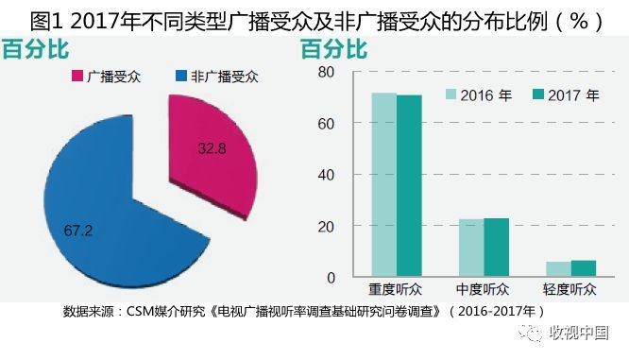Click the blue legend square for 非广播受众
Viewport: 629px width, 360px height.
click(181, 76)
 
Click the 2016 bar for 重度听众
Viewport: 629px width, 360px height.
click(383, 184)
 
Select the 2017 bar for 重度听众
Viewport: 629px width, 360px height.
click(409, 185)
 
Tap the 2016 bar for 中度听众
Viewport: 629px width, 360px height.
click(471, 248)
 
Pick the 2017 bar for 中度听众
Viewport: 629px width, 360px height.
click(496, 248)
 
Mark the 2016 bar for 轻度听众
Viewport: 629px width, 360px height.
click(558, 269)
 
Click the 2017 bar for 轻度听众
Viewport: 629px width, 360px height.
click(584, 268)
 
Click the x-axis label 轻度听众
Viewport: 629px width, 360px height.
click(570, 289)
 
